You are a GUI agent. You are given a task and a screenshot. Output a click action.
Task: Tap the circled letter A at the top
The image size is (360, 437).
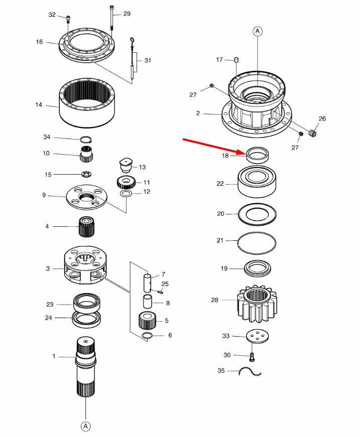pyautogui.click(x=258, y=31)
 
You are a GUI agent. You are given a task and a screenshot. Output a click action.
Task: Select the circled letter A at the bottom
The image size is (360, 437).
pyautogui.click(x=86, y=426)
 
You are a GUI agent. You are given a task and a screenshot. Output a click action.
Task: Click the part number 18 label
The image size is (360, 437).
pyautogui.click(x=225, y=156)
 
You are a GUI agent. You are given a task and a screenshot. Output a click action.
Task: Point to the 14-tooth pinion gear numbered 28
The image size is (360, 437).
pyautogui.click(x=257, y=304)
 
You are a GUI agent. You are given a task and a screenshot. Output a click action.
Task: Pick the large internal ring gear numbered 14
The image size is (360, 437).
pyautogui.click(x=87, y=103)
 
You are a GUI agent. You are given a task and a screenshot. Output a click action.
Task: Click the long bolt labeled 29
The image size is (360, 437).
pyautogui.click(x=111, y=18)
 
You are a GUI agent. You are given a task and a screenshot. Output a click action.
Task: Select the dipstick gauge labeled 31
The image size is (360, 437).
pyautogui.click(x=132, y=60)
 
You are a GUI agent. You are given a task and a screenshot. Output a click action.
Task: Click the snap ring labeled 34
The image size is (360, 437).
pyautogui.click(x=86, y=139)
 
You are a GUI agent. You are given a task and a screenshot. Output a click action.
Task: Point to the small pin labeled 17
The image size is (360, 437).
pyautogui.click(x=236, y=59)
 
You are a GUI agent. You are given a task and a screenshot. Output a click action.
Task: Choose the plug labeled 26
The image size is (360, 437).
pyautogui.click(x=312, y=132)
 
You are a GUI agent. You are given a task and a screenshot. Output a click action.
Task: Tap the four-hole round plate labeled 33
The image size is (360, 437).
pyautogui.click(x=258, y=336)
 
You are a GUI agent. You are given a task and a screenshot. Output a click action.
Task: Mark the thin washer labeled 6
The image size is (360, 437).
pyautogui.click(x=147, y=336)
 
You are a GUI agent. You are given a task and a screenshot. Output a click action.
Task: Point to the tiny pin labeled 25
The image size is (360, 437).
pyautogui.click(x=160, y=292)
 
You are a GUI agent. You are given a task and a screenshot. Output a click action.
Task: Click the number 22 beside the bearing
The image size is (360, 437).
pyautogui.click(x=220, y=184)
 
